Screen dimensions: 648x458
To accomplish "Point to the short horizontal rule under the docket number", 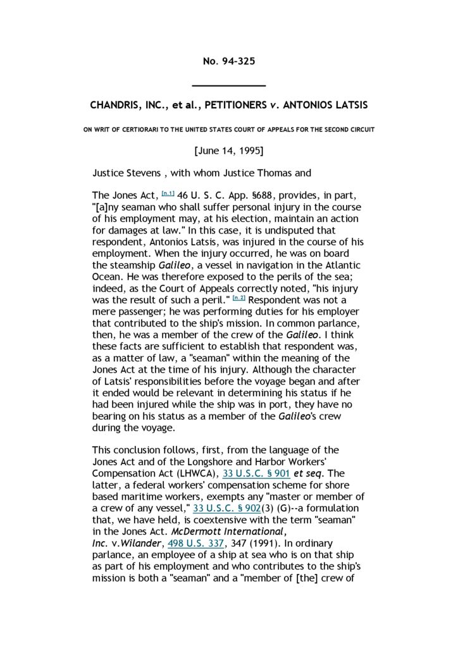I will (x=228, y=85).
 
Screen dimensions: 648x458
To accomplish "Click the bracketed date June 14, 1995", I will (x=228, y=151).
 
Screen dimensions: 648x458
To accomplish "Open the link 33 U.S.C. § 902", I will (x=226, y=508).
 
